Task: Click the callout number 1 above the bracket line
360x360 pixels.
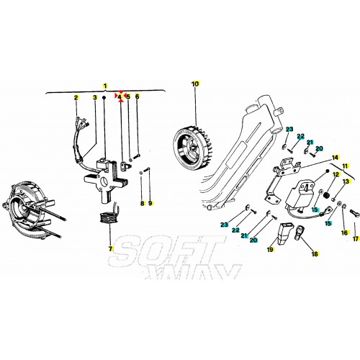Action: point(104,86)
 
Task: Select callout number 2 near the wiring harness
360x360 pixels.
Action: point(76,96)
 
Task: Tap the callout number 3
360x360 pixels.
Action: point(94,96)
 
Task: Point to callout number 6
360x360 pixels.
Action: point(138,96)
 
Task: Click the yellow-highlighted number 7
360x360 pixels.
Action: point(111,248)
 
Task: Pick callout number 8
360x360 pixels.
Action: point(142,204)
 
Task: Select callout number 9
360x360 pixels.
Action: point(150,204)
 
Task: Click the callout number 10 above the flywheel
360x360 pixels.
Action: point(194,84)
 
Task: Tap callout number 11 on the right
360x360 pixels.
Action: point(345,166)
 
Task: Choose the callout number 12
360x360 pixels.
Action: point(336,175)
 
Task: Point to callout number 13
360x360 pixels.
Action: point(345,181)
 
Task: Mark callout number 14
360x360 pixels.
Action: point(335,157)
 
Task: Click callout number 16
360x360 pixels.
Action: point(343,233)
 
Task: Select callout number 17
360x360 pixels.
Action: point(354,238)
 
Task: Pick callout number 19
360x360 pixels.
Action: point(271,250)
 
